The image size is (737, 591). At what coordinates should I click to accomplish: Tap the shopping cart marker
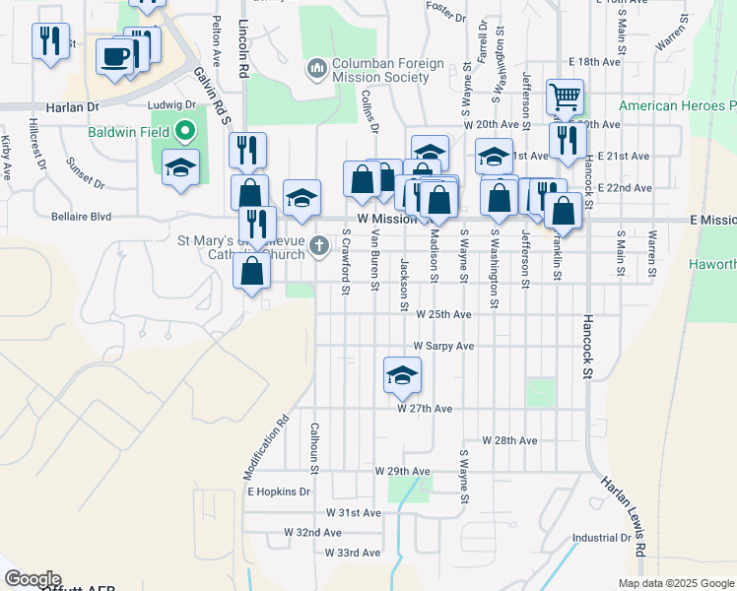[x=566, y=98]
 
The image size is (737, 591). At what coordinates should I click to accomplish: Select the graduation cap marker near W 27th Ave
[x=401, y=375]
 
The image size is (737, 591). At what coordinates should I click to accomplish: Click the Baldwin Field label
[x=128, y=131]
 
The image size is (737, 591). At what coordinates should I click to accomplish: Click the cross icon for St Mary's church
[x=318, y=245]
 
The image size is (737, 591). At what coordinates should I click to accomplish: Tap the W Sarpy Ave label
[x=443, y=347]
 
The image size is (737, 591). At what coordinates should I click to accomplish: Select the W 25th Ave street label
[x=443, y=314]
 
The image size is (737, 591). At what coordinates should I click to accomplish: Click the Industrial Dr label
[x=601, y=538]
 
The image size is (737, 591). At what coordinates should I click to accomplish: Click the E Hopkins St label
[x=278, y=491]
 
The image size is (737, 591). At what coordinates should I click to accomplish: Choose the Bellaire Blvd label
[x=82, y=216]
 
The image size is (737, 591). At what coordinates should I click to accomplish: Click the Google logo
[x=33, y=579]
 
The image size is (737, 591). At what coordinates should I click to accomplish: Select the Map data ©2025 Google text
[x=676, y=583]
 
